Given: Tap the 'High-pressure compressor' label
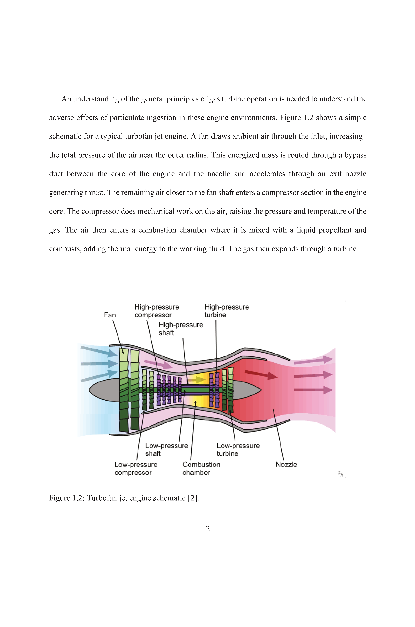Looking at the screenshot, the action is (x=157, y=311).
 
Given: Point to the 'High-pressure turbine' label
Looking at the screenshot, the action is (x=227, y=311).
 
